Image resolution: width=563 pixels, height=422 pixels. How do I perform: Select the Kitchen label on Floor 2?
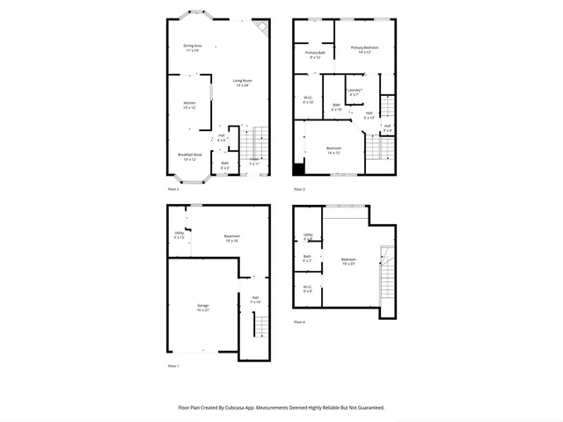[x=189, y=104]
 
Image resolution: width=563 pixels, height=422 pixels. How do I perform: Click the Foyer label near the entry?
[x=254, y=160]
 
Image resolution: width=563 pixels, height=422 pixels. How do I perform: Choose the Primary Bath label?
[x=315, y=54]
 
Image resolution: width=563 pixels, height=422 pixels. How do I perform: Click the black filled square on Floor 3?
[x=299, y=170]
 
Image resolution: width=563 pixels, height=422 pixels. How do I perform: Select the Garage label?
[x=202, y=306]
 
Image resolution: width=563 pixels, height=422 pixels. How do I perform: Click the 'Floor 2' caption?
[x=173, y=189]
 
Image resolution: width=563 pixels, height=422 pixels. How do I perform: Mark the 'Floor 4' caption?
[x=299, y=322]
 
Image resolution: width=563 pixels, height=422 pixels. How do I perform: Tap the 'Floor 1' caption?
[x=173, y=365]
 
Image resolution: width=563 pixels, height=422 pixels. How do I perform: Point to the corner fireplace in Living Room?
[x=261, y=26]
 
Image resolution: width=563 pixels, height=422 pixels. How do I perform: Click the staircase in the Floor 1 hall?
[x=260, y=326]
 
